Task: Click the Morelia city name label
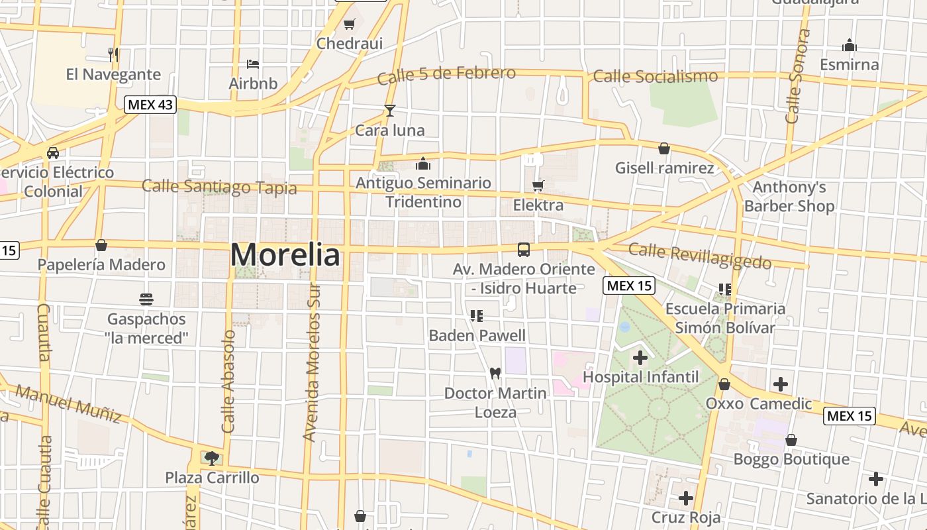(x=285, y=255)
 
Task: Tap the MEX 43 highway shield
(x=150, y=104)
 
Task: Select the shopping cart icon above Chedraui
(x=349, y=25)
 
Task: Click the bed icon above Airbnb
(x=252, y=64)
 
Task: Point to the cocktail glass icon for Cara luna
(x=390, y=111)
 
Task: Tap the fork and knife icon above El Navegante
(x=113, y=54)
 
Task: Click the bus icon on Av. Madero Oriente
(x=524, y=250)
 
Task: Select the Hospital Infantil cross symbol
(x=640, y=358)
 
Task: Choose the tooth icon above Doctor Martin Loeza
(x=495, y=373)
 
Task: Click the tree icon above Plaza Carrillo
(x=212, y=457)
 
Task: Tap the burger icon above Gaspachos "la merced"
(x=146, y=299)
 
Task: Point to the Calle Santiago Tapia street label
(x=219, y=187)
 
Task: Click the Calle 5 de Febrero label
(x=446, y=75)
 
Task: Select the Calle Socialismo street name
(x=655, y=77)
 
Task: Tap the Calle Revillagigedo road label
(x=699, y=256)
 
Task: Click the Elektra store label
(x=538, y=205)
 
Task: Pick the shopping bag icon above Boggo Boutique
(x=791, y=440)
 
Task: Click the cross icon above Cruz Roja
(x=686, y=498)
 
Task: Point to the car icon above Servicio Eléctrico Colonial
(x=53, y=153)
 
